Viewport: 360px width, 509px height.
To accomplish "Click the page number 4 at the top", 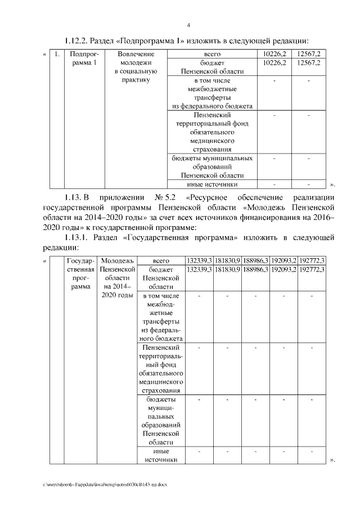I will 188,25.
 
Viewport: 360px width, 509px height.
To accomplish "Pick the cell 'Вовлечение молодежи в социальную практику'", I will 136,67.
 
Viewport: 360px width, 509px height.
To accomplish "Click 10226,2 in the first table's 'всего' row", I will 274,54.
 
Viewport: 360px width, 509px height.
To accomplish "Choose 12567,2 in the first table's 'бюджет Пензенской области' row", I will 310,63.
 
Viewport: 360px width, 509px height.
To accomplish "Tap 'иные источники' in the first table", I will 211,184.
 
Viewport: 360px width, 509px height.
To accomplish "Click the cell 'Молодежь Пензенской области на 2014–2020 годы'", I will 117,278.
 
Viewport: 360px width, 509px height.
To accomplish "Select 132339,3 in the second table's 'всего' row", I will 199,260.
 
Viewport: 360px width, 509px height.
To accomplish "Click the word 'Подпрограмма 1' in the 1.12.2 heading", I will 160,40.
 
